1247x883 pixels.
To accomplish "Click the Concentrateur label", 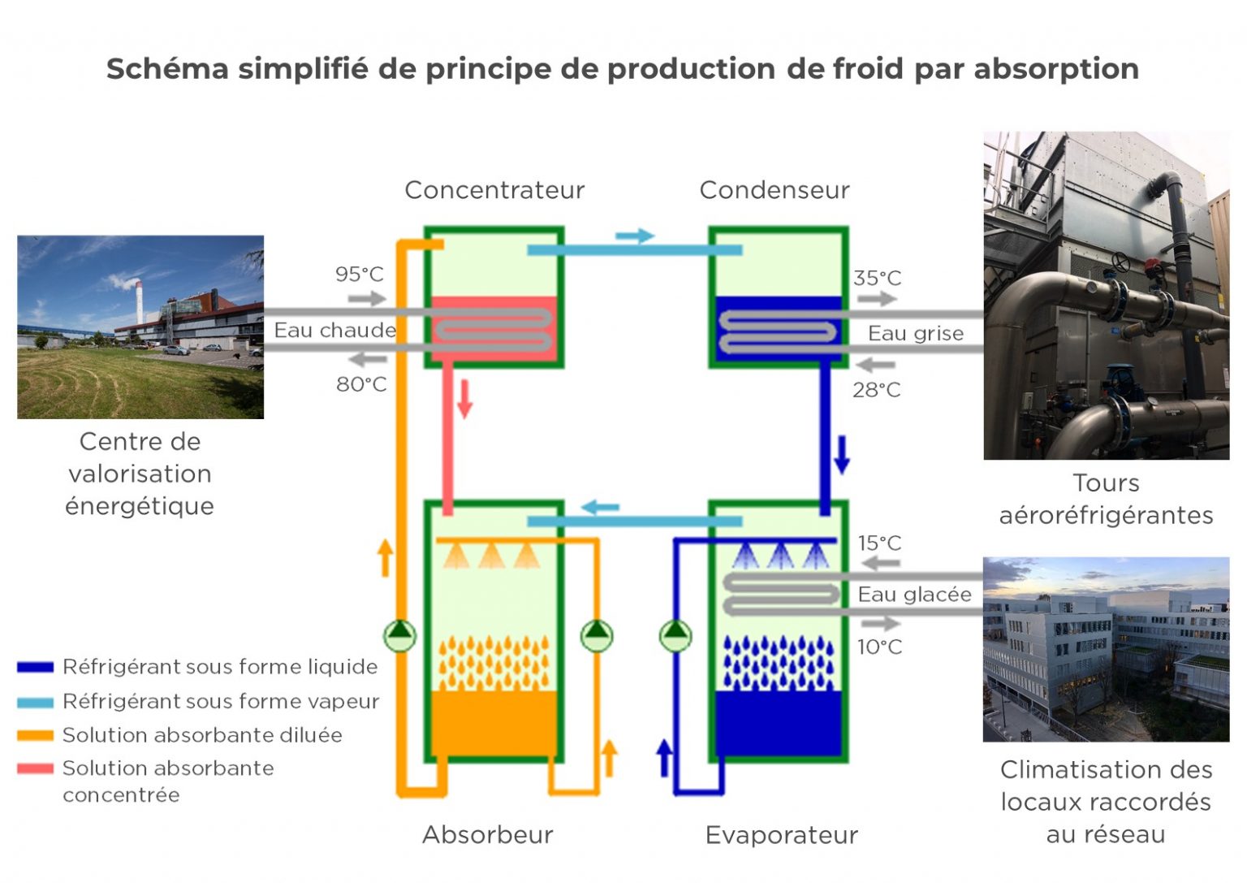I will coord(494,190).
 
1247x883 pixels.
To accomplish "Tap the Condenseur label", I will coord(774,190).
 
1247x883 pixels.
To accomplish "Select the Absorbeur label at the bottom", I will coord(487,834).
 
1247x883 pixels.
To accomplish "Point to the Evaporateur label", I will coord(781,834).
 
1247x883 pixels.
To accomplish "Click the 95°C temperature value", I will coord(359,275).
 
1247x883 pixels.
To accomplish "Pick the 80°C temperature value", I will coord(361,384).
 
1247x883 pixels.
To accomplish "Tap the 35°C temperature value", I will coord(877,278).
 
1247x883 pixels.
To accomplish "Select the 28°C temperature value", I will coord(876,390).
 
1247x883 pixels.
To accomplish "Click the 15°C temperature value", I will coord(879,543).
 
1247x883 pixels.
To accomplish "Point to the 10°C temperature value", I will coord(879,647).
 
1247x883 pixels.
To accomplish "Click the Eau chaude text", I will coord(334,331).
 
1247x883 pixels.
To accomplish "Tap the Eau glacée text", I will coord(914,595).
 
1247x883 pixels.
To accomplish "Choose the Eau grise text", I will coord(915,333).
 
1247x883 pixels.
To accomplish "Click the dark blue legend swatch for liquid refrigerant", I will coord(35,668).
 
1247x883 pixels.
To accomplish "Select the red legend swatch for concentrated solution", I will coord(35,768).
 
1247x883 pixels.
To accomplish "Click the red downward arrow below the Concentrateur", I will coord(464,398).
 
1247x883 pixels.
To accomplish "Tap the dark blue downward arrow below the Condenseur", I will coord(842,454).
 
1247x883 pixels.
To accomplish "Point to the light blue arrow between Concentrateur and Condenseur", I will coord(634,236).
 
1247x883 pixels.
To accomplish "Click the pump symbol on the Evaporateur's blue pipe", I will coord(675,635).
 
